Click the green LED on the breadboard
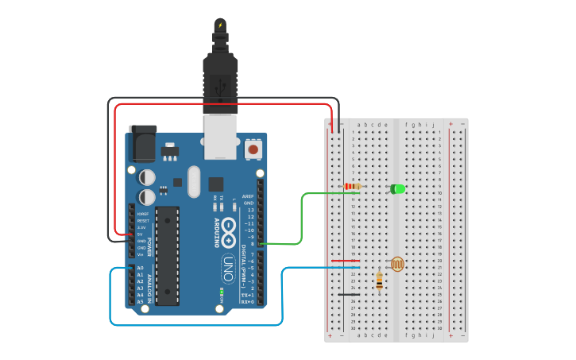(398, 189)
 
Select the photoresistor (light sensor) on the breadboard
(397, 264)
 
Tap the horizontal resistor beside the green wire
(352, 188)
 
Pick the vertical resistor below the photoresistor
(379, 280)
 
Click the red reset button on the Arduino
(253, 148)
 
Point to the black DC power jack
(142, 145)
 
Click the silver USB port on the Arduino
(220, 136)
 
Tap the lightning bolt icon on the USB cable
(220, 26)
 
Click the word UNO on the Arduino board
(227, 268)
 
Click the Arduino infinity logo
(229, 231)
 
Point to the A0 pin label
(141, 268)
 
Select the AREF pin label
(249, 195)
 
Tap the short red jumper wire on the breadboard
(345, 261)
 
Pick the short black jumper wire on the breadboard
(348, 295)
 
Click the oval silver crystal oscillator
(194, 181)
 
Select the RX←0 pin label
(248, 302)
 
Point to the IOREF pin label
(143, 214)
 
